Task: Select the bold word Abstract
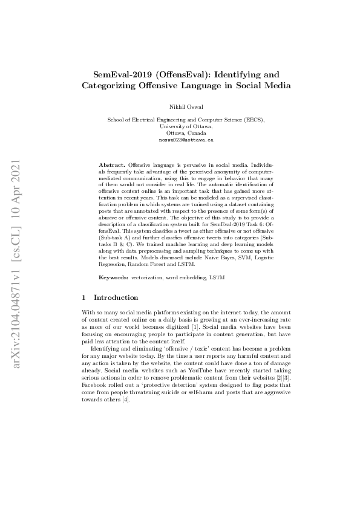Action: [x=113, y=164]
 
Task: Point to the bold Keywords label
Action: [x=113, y=276]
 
